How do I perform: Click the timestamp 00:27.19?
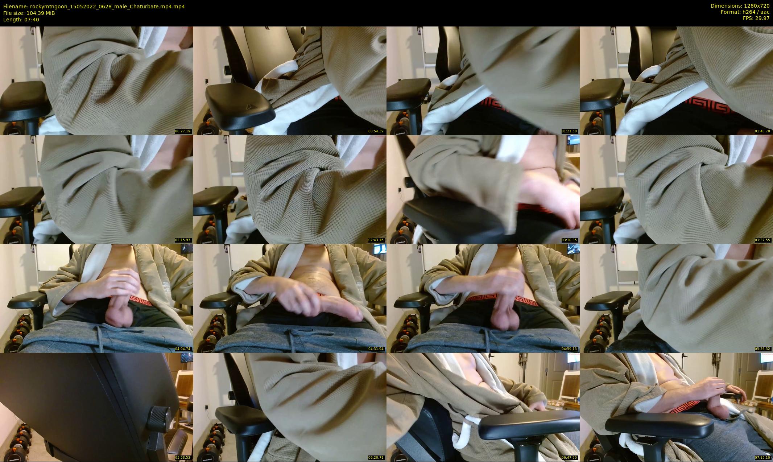pos(183,131)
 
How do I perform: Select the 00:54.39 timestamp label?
pos(376,131)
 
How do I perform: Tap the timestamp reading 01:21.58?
pos(569,131)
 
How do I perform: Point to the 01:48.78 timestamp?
pos(762,131)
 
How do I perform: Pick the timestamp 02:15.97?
pos(183,240)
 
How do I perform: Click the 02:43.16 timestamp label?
pos(376,240)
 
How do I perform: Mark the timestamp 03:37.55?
pos(762,240)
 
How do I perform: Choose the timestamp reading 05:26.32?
pos(762,349)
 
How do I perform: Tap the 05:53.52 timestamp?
pos(183,458)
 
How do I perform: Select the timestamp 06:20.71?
pos(376,458)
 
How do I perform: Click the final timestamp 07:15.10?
pos(762,458)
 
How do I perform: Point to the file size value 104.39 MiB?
pos(41,13)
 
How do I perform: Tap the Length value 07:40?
pos(32,20)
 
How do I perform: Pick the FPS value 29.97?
pos(762,18)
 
